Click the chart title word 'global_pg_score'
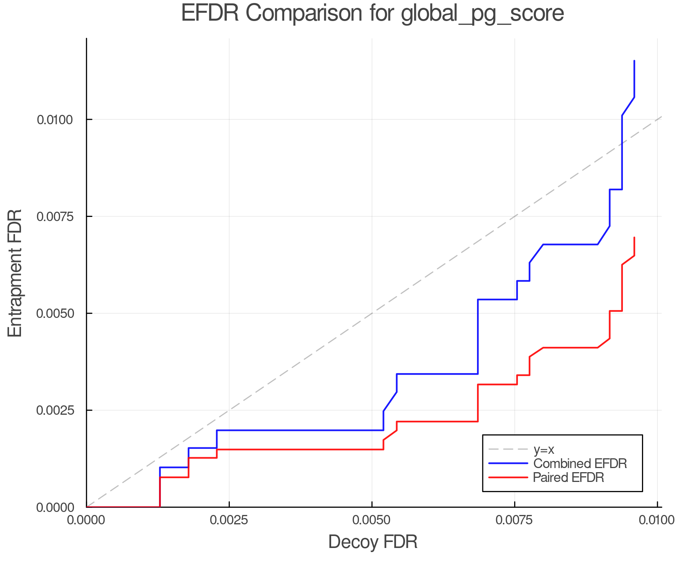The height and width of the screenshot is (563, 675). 482,14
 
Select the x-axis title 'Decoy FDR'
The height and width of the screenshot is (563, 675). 373,542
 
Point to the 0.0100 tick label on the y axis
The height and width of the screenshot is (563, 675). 55,120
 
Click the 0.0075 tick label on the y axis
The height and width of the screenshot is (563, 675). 55,217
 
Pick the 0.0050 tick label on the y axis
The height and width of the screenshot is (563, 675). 55,313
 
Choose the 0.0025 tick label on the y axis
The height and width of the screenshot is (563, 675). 55,410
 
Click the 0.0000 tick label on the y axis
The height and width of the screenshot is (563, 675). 55,507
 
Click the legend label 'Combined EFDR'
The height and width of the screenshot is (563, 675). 580,464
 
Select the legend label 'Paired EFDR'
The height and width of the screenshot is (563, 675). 568,477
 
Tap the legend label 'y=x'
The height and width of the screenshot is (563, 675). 543,449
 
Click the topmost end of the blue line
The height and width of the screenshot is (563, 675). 634,60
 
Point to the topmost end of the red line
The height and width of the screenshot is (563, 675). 634,237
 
